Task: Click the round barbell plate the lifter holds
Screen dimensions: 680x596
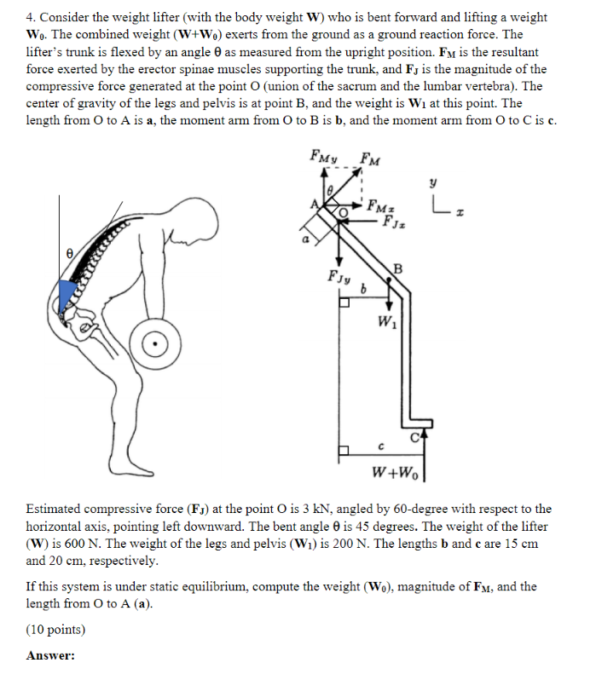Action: (156, 343)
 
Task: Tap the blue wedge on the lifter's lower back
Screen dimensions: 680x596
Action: (70, 292)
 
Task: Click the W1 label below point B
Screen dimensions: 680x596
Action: (386, 322)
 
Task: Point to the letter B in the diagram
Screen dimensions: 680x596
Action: (397, 270)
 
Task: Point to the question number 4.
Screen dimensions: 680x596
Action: (32, 17)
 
